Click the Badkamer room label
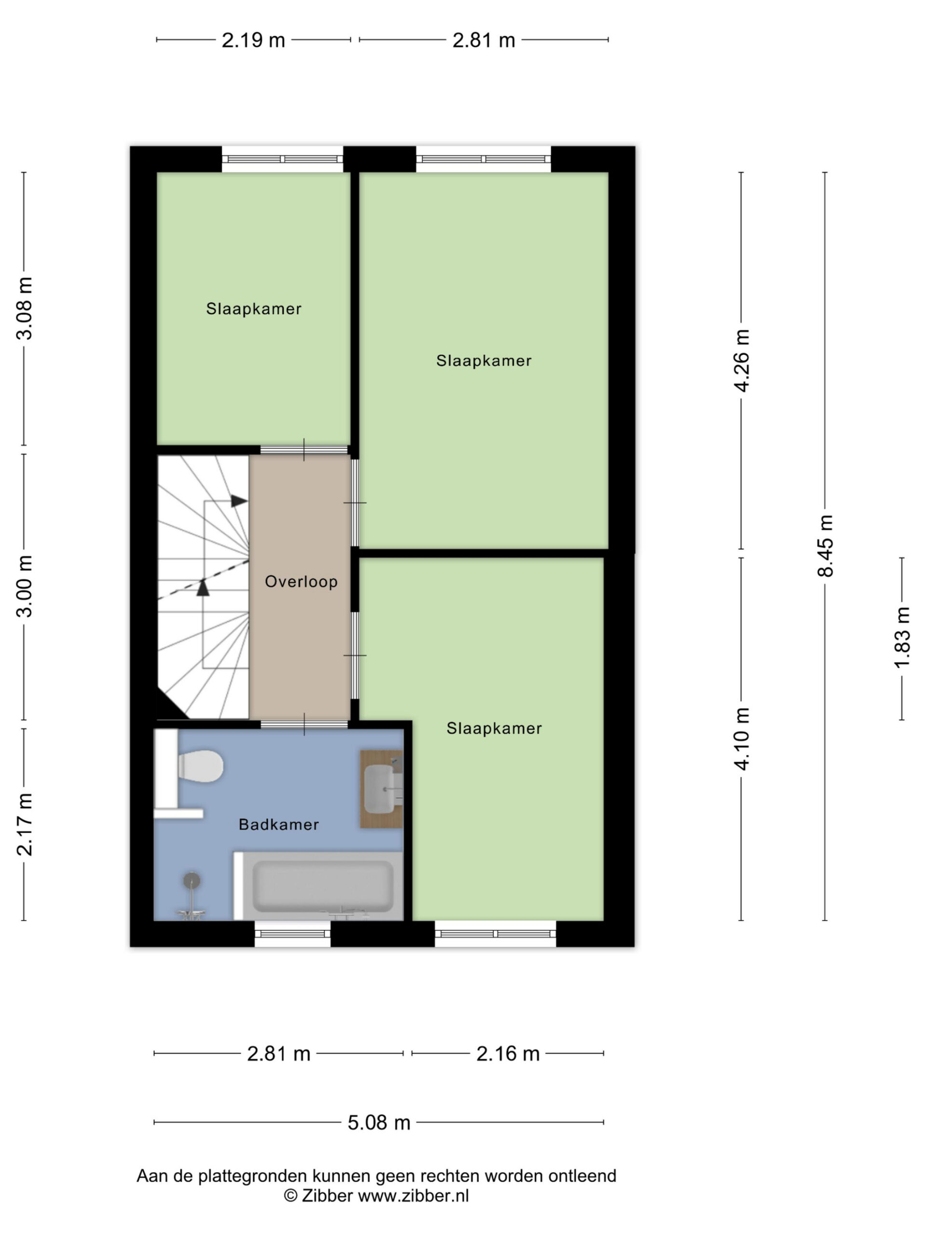coord(279,825)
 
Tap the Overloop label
coord(301,582)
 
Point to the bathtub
coord(318,885)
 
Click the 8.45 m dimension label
coord(825,546)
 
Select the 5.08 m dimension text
coord(379,1123)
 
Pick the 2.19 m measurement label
coord(253,40)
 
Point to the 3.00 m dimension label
coord(25,586)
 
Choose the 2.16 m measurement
coord(508,1053)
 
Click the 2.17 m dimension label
coord(25,825)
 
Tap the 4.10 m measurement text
coord(742,738)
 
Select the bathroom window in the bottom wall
coord(292,933)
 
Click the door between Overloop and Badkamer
coord(304,724)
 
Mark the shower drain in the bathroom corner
coord(191,880)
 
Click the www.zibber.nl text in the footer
coord(413,1195)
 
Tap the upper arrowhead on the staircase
coord(239,501)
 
